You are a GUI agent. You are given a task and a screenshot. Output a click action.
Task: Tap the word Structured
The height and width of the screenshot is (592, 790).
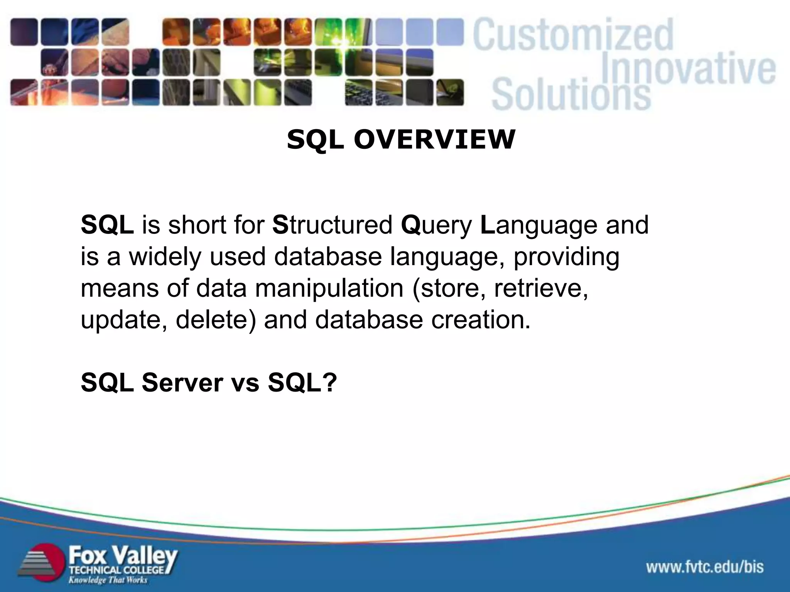click(332, 225)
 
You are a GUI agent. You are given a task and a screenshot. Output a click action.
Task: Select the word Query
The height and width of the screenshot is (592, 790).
click(436, 225)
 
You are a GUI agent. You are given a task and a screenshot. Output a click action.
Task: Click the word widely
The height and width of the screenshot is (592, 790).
click(165, 257)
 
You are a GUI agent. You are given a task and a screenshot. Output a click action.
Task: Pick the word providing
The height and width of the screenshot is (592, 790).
click(566, 257)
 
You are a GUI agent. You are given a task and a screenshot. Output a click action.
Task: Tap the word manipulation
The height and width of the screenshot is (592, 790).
click(329, 288)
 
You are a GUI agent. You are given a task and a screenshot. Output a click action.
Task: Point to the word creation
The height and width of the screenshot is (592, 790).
click(481, 320)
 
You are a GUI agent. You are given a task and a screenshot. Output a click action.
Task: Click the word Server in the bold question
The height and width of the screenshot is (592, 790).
click(182, 382)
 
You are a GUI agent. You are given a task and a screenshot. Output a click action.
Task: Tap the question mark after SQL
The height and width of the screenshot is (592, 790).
click(329, 382)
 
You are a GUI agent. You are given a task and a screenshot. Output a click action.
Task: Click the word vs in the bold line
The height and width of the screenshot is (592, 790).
click(245, 382)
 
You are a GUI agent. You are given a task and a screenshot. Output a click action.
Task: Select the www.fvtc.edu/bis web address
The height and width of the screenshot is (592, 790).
click(705, 567)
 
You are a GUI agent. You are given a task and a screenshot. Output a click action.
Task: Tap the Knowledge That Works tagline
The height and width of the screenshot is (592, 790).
click(108, 580)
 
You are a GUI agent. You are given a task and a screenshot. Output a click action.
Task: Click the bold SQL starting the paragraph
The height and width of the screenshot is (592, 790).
click(107, 225)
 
